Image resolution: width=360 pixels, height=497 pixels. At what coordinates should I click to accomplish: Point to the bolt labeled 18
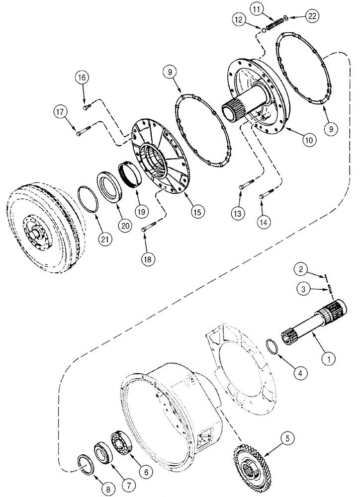click(x=145, y=229)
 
